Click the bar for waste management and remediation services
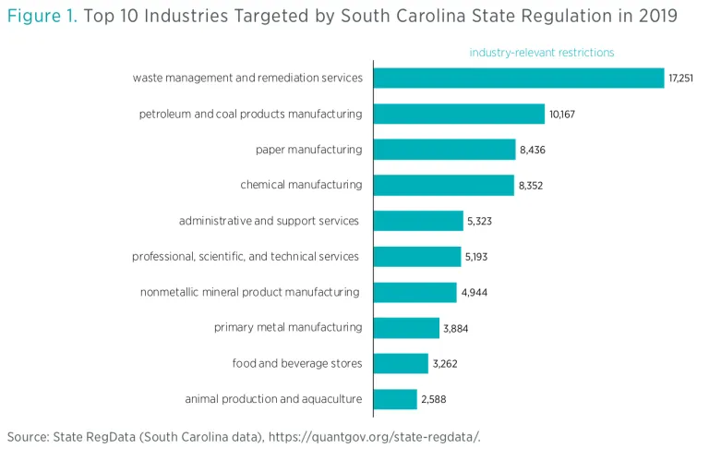coord(518,78)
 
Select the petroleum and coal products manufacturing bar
coord(459,114)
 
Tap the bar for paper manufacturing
coord(444,150)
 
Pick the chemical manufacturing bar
coord(443,185)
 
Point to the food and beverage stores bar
coord(401,363)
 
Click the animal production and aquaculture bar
coord(395,399)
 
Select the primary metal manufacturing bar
coord(406,328)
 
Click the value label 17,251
coord(680,79)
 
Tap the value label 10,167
coord(562,115)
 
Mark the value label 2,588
coord(433,400)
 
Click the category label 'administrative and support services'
coord(269,221)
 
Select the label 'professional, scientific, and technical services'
coord(246,257)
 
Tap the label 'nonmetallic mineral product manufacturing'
coord(250,292)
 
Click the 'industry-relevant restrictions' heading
coord(541,53)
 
